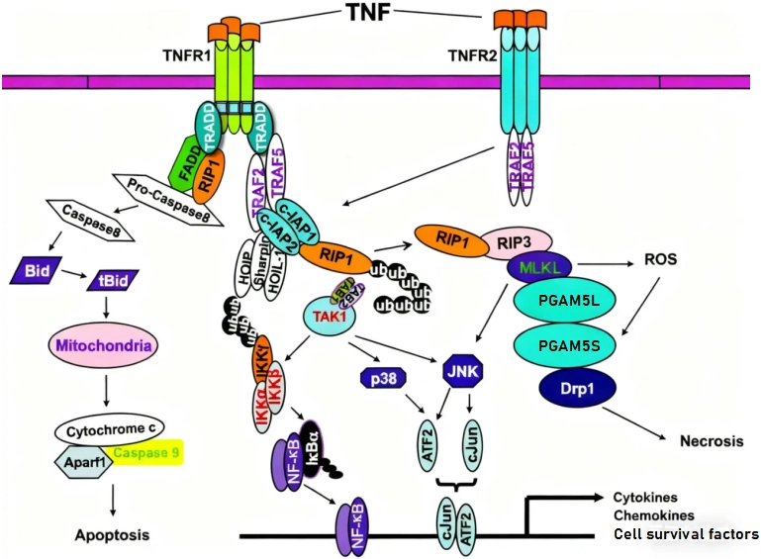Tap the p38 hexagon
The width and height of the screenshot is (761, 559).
[380, 377]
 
